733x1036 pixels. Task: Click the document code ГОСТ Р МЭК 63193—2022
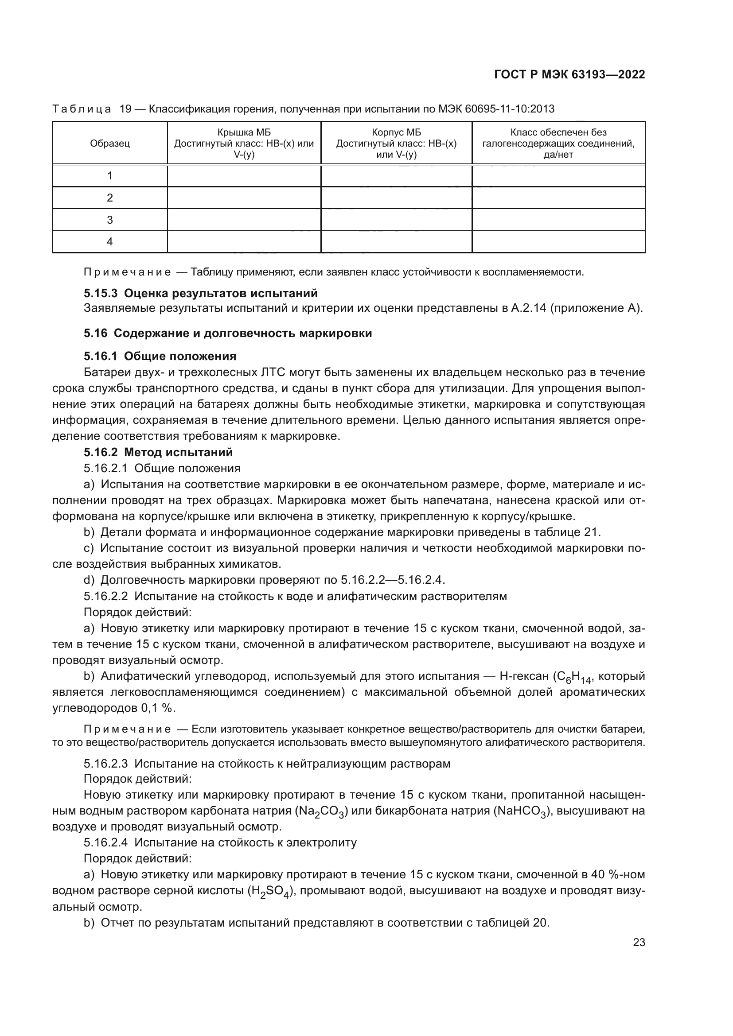[569, 75]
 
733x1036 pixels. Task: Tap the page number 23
[639, 943]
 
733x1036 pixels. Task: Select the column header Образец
[109, 144]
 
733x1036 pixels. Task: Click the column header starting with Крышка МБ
[244, 144]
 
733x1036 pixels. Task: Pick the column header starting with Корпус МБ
[396, 144]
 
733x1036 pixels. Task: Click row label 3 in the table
[109, 220]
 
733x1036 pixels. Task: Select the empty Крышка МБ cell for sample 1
[244, 176]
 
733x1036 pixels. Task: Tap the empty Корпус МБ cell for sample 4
[396, 242]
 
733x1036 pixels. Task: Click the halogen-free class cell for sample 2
[558, 198]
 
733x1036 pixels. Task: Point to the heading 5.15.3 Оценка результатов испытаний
[200, 293]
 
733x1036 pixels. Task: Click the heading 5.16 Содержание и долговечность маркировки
[227, 334]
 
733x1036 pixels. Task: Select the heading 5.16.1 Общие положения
[160, 356]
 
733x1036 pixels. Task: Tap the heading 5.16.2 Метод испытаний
[158, 452]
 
